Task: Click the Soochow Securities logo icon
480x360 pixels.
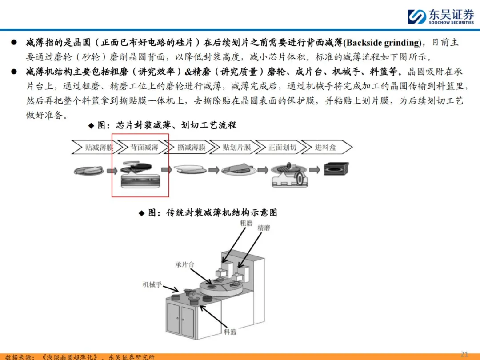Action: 416,16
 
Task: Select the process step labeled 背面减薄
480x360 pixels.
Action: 144,148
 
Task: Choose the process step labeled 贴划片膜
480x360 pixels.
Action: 236,148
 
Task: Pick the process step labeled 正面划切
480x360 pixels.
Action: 282,148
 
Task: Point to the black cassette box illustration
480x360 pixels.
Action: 336,168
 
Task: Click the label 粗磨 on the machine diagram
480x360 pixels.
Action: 246,223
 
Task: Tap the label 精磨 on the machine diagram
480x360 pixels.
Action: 264,228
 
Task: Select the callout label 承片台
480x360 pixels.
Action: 184,264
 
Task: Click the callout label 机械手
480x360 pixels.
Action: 152,285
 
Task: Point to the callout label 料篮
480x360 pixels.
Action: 230,332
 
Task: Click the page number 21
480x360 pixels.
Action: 464,354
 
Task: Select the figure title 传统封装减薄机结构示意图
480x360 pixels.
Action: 222,213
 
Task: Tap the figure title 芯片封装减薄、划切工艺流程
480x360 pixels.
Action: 176,125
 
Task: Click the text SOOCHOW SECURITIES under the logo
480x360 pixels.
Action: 451,23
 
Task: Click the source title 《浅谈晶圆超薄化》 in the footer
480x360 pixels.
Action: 70,357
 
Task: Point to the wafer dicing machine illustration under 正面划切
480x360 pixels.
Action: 289,175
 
